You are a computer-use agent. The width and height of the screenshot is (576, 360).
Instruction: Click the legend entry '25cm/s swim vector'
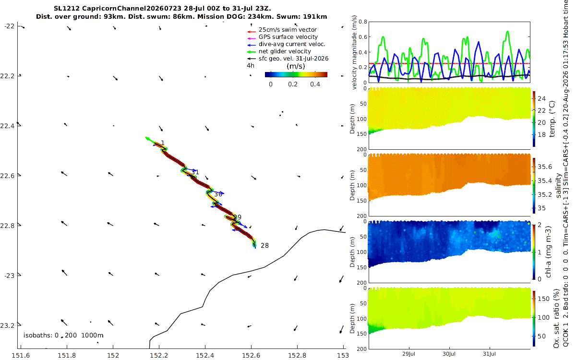(288, 30)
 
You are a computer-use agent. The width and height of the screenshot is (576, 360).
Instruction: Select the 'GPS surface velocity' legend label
(288, 37)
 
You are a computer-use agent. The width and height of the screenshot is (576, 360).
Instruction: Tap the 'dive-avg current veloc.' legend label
(292, 44)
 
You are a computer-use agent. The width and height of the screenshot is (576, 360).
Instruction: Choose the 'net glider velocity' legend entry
(285, 51)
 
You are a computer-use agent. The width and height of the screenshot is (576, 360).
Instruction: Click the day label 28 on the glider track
(264, 246)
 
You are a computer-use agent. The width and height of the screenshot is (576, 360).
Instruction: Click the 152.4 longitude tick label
(205, 355)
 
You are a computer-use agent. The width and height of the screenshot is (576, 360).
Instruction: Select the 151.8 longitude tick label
(67, 355)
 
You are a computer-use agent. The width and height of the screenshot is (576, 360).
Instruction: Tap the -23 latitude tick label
(10, 276)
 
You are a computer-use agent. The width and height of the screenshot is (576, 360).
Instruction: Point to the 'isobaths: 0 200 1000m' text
(63, 336)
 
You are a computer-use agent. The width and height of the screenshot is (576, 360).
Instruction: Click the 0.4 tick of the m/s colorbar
(315, 84)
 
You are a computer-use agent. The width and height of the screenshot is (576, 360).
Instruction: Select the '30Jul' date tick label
(449, 354)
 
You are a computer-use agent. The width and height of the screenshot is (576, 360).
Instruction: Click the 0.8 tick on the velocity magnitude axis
(362, 22)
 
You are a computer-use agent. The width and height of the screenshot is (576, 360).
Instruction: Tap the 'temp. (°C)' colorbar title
(552, 119)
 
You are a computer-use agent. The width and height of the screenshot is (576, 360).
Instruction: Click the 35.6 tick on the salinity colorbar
(545, 167)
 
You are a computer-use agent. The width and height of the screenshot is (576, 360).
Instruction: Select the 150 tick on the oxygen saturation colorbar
(543, 299)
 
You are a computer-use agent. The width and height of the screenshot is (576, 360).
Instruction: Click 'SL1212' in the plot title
(67, 9)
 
